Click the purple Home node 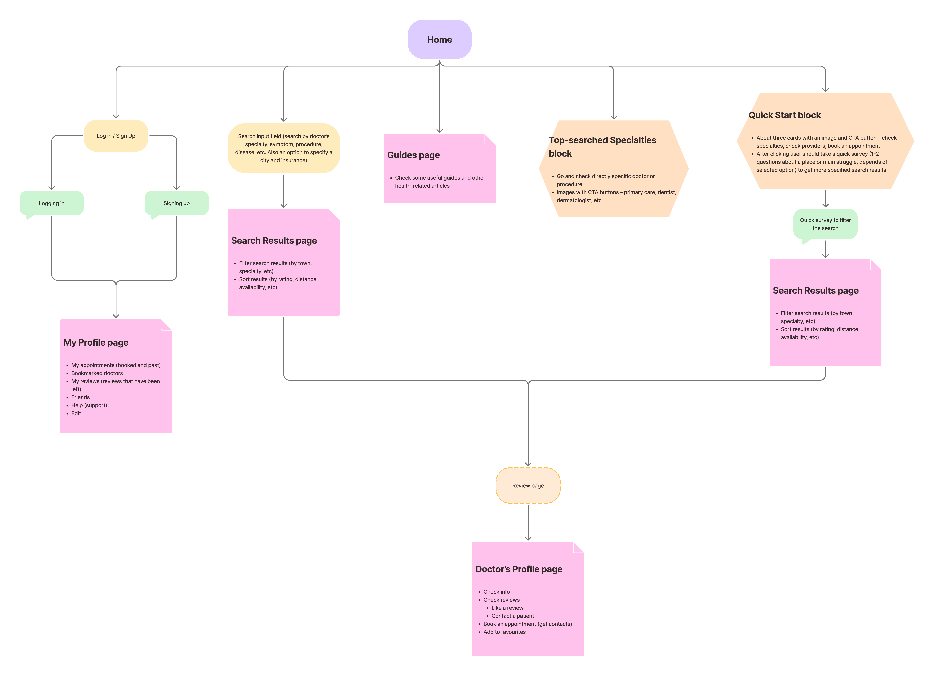(x=439, y=39)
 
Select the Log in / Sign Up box (x=116, y=136)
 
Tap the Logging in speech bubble (x=51, y=203)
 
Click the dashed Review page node (x=528, y=485)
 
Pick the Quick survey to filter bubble (x=825, y=224)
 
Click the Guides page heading (x=413, y=155)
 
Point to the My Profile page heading (x=96, y=343)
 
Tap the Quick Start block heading (x=785, y=115)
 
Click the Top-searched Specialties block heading (x=602, y=147)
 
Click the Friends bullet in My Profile (x=80, y=397)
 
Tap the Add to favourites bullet (x=504, y=632)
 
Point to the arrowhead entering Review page (x=528, y=464)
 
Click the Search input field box (x=284, y=148)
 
